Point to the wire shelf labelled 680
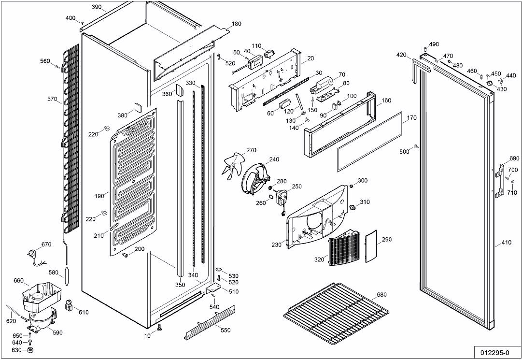(x=336, y=314)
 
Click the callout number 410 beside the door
(x=506, y=243)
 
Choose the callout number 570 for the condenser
(x=53, y=99)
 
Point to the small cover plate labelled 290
(x=371, y=246)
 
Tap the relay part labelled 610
(x=69, y=305)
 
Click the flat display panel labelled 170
(x=370, y=142)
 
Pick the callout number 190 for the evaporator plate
(x=99, y=196)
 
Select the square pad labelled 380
(x=138, y=107)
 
